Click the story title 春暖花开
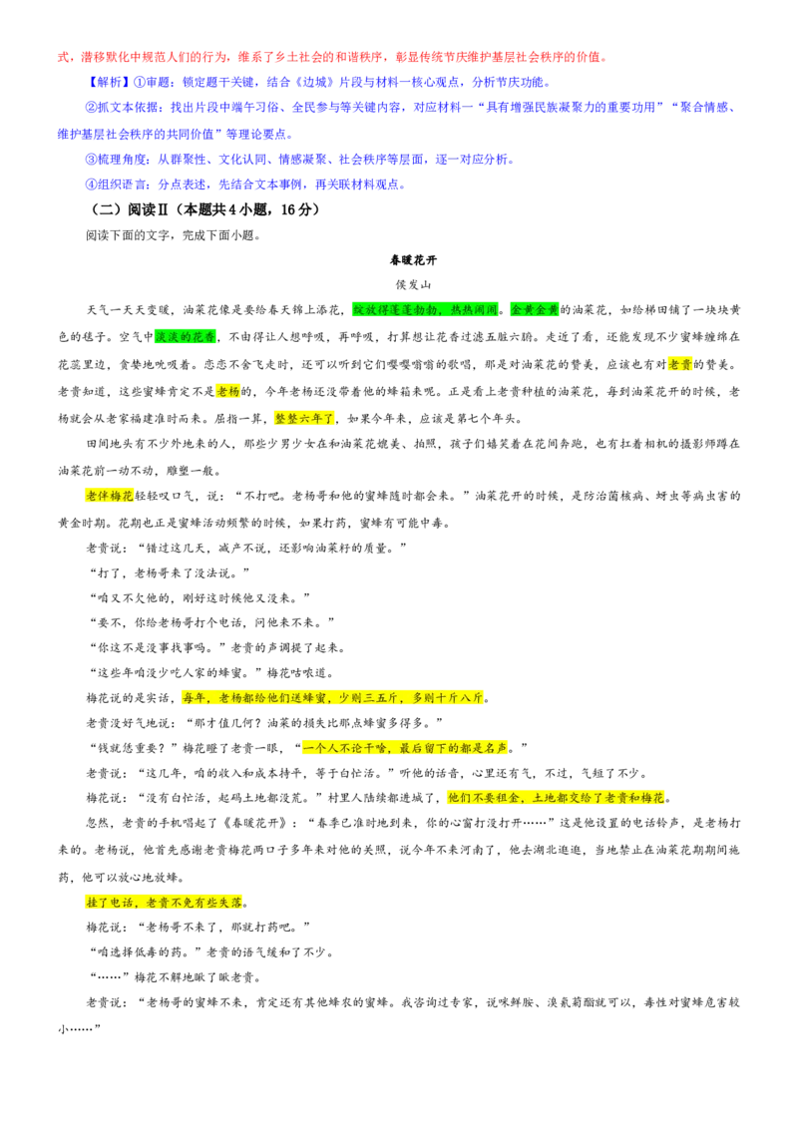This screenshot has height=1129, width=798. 413,260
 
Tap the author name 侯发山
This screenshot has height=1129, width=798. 413,284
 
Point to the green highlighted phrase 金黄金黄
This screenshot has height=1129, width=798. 535,309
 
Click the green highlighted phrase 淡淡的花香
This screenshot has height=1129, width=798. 186,336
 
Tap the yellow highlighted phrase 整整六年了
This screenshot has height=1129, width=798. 304,418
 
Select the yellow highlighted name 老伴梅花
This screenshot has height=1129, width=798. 110,496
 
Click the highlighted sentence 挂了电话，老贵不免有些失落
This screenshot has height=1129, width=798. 164,903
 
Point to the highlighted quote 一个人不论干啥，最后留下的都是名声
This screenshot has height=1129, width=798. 405,747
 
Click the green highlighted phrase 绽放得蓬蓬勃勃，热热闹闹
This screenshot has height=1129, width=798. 425,309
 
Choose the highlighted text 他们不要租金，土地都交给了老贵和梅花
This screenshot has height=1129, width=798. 556,798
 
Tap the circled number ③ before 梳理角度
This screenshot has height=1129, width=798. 92,160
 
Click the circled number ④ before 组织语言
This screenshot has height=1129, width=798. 92,185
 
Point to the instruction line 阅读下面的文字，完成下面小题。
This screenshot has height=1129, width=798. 174,234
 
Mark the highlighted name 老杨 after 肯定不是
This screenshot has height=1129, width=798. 228,391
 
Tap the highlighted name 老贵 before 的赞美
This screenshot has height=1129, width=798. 680,364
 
